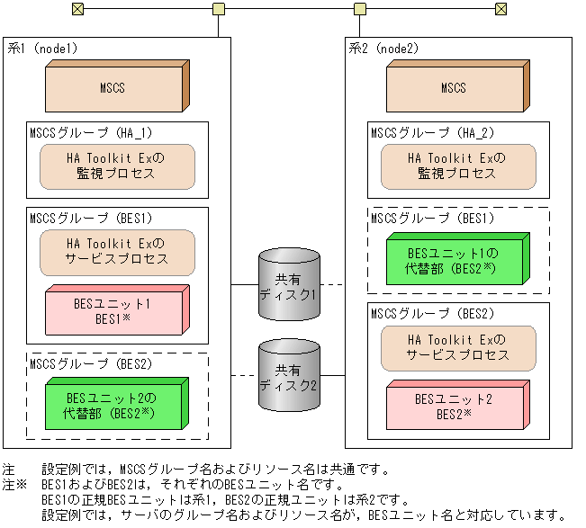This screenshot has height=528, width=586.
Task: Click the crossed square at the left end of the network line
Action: click(x=78, y=9)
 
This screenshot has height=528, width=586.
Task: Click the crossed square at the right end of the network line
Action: click(x=502, y=9)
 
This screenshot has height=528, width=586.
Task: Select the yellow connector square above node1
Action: click(x=218, y=9)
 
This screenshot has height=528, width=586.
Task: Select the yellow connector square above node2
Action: click(x=360, y=9)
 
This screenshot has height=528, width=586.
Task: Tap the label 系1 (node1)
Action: click(x=42, y=48)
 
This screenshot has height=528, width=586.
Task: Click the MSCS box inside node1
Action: click(x=116, y=87)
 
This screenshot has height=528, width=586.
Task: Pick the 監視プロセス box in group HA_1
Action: click(x=117, y=166)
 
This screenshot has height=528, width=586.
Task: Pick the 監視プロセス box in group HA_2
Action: click(x=458, y=166)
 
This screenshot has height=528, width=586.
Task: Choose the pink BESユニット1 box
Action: click(x=116, y=311)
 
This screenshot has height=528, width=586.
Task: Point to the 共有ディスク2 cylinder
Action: click(x=289, y=375)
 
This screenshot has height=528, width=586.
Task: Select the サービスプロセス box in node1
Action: click(x=117, y=252)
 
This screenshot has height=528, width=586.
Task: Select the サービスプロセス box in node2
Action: click(x=458, y=347)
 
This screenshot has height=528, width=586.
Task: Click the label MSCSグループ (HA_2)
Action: click(x=424, y=132)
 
